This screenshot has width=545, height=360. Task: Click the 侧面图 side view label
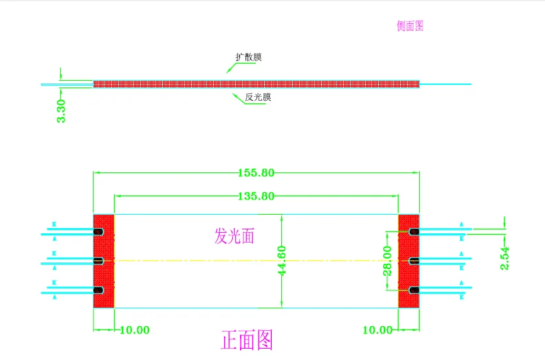(410, 27)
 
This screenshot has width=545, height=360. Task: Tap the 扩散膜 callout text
(249, 58)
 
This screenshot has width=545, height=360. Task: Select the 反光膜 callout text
(258, 97)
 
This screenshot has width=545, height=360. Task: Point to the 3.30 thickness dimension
(62, 111)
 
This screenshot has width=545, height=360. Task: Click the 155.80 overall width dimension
(255, 173)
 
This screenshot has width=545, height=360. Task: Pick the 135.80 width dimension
(255, 196)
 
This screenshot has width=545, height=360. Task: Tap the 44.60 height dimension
(283, 261)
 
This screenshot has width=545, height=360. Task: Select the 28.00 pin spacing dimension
(387, 261)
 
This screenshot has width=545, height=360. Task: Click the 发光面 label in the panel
(234, 235)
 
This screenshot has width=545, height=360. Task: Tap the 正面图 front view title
(247, 341)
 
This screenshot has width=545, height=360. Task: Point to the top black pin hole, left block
(98, 232)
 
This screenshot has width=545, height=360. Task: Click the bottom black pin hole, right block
(413, 290)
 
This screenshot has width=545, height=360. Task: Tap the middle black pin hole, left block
(98, 261)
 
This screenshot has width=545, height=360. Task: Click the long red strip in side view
(257, 84)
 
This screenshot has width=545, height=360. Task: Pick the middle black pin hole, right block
(413, 261)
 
